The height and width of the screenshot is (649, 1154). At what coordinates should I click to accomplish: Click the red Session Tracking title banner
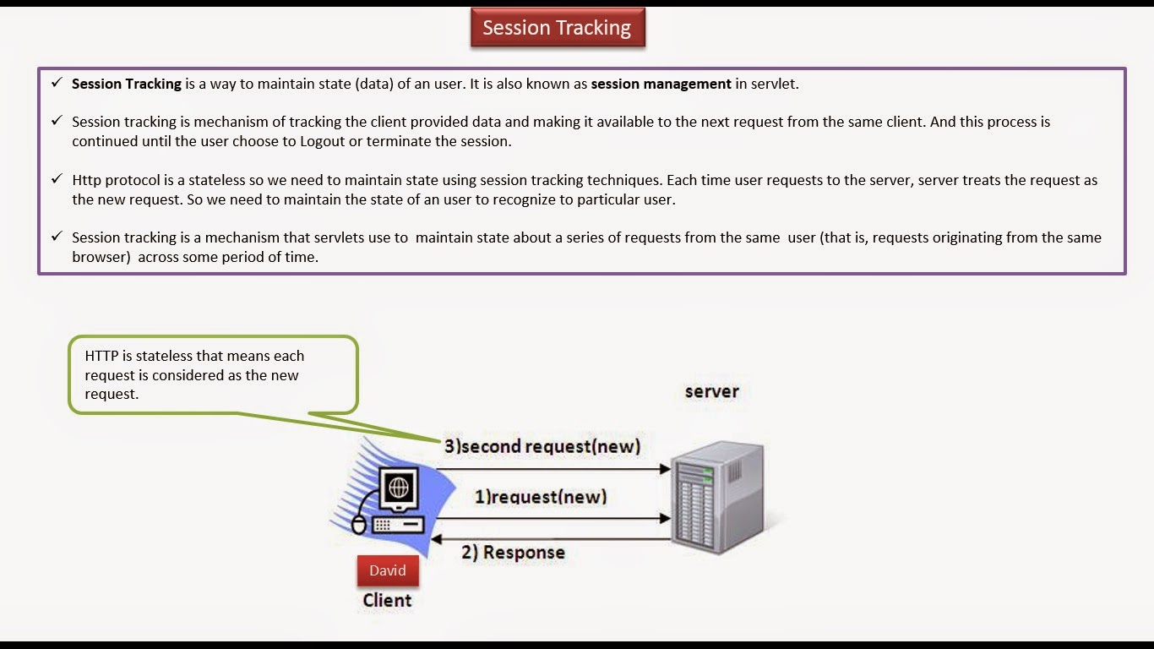click(x=557, y=28)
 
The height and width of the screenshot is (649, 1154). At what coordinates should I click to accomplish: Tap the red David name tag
click(x=388, y=570)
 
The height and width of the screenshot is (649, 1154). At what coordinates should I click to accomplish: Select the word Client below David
click(x=387, y=601)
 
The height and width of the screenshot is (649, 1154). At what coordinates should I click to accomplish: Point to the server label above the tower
click(x=711, y=391)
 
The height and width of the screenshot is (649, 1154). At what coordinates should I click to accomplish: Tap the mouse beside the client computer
click(x=359, y=525)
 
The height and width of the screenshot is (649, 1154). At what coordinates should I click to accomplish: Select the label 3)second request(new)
click(x=542, y=445)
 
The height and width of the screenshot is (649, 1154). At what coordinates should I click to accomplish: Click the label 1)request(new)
click(x=541, y=497)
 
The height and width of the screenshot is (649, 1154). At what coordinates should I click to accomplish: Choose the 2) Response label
click(x=513, y=553)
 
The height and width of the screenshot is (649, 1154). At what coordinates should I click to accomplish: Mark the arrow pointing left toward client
click(x=549, y=538)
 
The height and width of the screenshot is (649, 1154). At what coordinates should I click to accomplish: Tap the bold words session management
click(x=661, y=84)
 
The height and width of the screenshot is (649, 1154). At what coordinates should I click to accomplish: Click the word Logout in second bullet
click(x=323, y=141)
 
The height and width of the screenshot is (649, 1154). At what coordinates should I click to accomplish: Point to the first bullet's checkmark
click(x=56, y=83)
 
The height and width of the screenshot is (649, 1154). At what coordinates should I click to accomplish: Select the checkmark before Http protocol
click(x=56, y=179)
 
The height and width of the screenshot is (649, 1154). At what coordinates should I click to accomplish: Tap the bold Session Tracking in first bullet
click(x=127, y=84)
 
